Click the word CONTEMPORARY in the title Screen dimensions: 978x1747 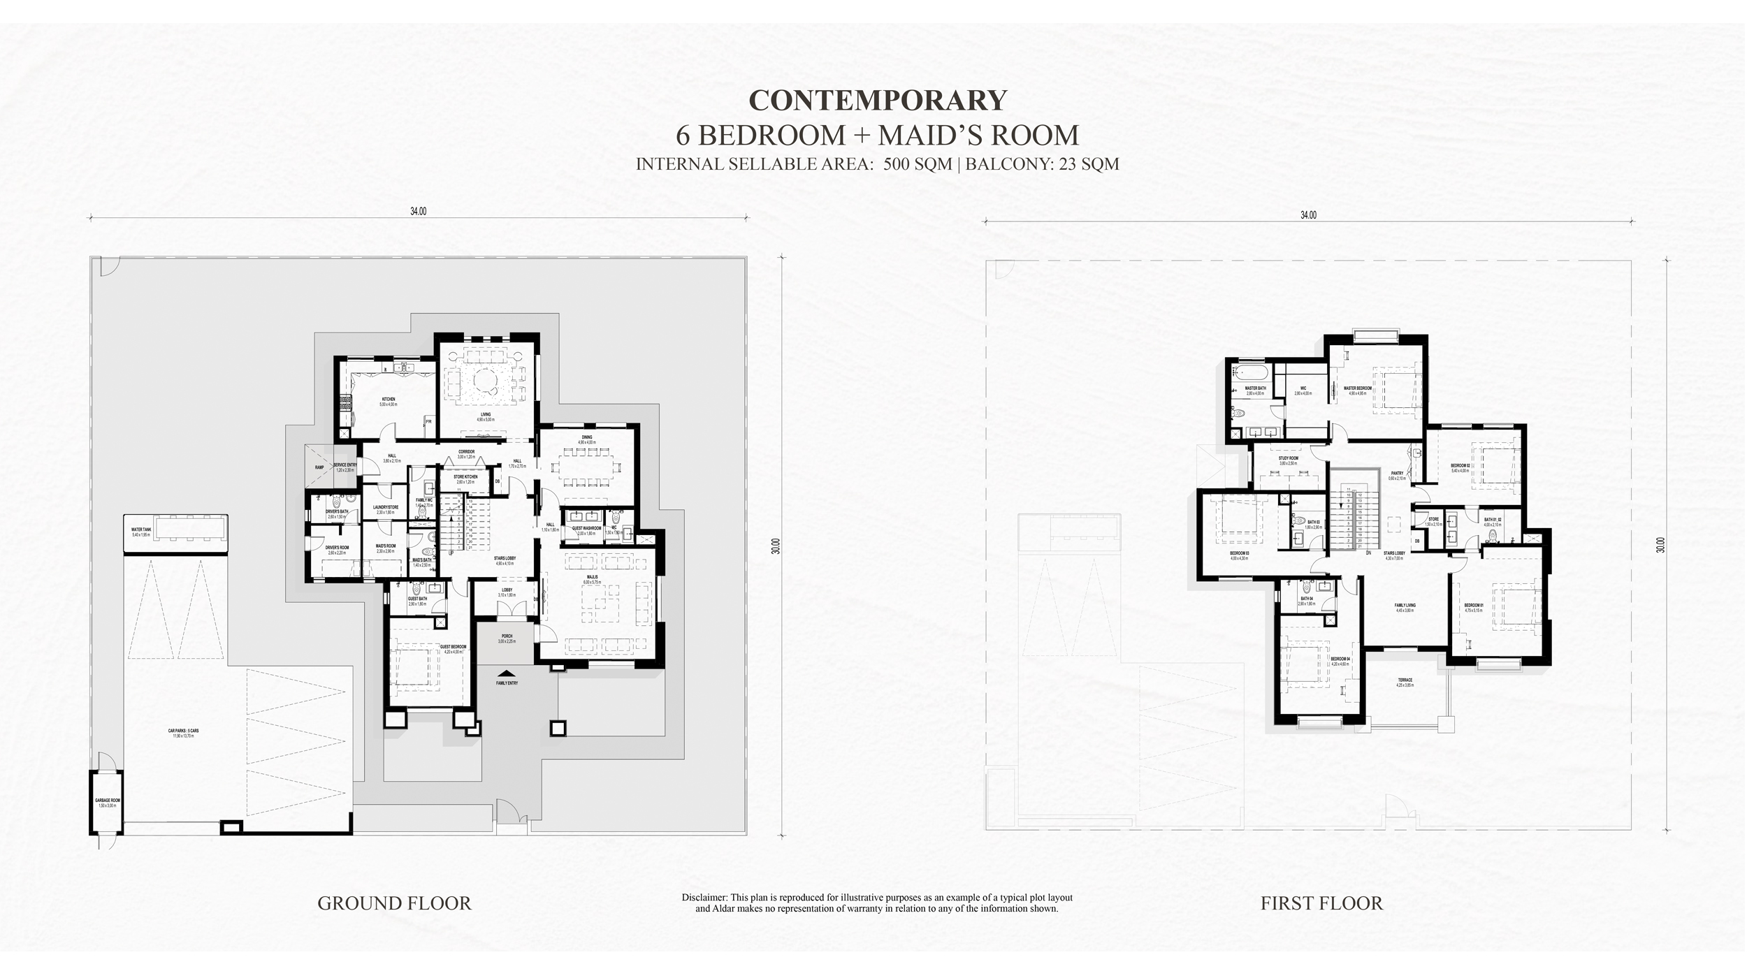click(x=878, y=101)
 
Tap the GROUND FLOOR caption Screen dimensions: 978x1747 click(x=394, y=903)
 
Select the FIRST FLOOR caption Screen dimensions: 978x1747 click(x=1321, y=903)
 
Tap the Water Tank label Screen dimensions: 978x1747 click(x=141, y=532)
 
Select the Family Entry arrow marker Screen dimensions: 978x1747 click(x=507, y=673)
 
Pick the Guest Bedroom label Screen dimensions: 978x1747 click(x=453, y=648)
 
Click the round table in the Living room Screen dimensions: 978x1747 click(x=484, y=382)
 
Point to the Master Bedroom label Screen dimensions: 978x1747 click(x=1357, y=390)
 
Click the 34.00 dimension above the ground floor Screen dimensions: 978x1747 click(x=418, y=212)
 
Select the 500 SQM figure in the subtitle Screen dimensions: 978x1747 click(x=917, y=165)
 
